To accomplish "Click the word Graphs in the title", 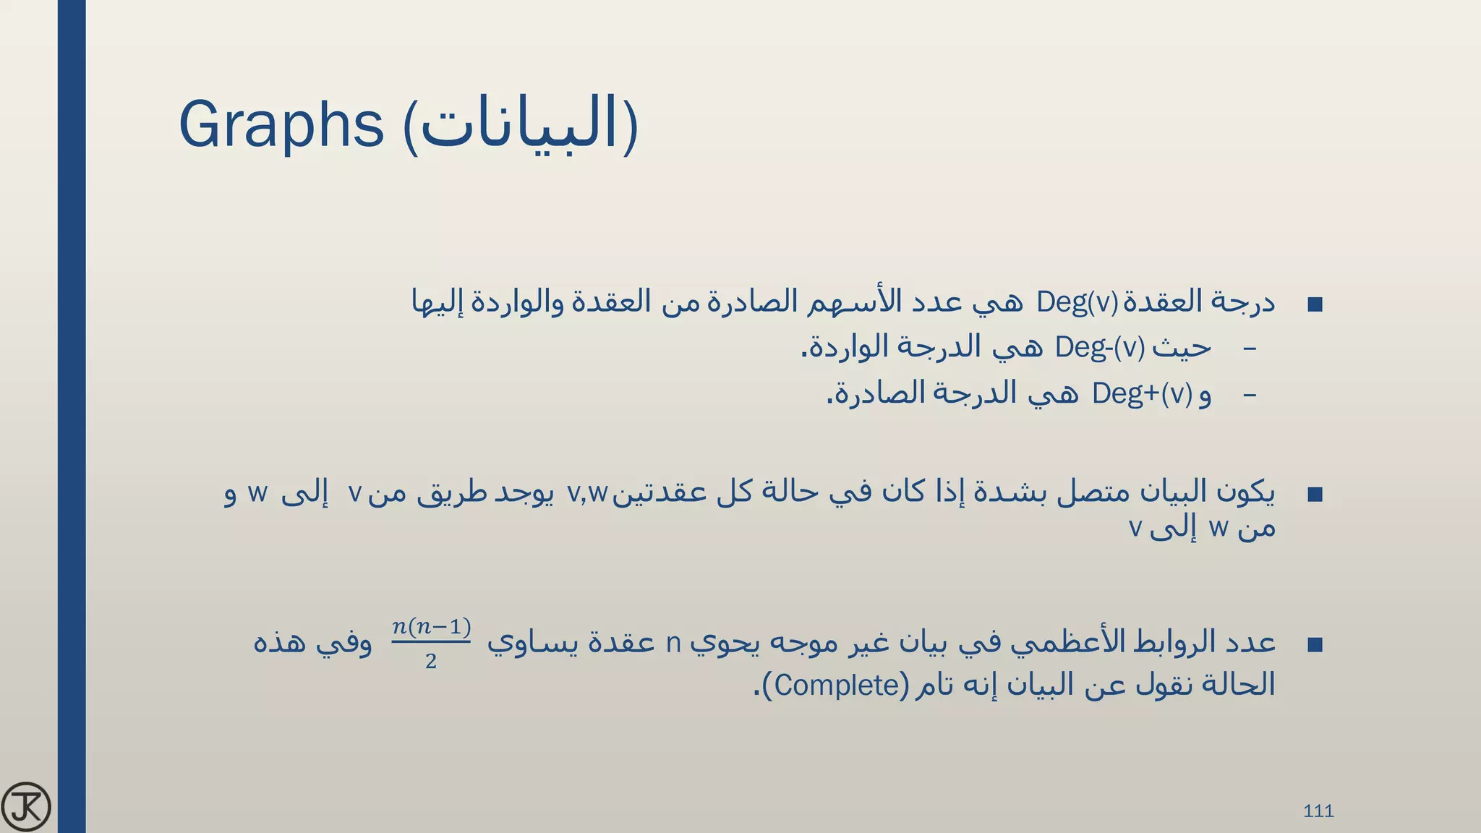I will pos(281,124).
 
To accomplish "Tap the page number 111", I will pos(1318,811).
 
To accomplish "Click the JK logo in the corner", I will pos(26,806).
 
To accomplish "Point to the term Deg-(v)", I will pos(1099,348).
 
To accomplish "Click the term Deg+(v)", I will pos(1141,393).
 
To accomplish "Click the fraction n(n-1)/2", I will pos(431,643).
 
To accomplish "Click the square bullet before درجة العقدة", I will pos(1315,304).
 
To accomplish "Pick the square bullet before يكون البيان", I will pos(1315,495).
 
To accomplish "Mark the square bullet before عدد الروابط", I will pos(1315,644).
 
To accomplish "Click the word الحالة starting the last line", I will pos(1238,685).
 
